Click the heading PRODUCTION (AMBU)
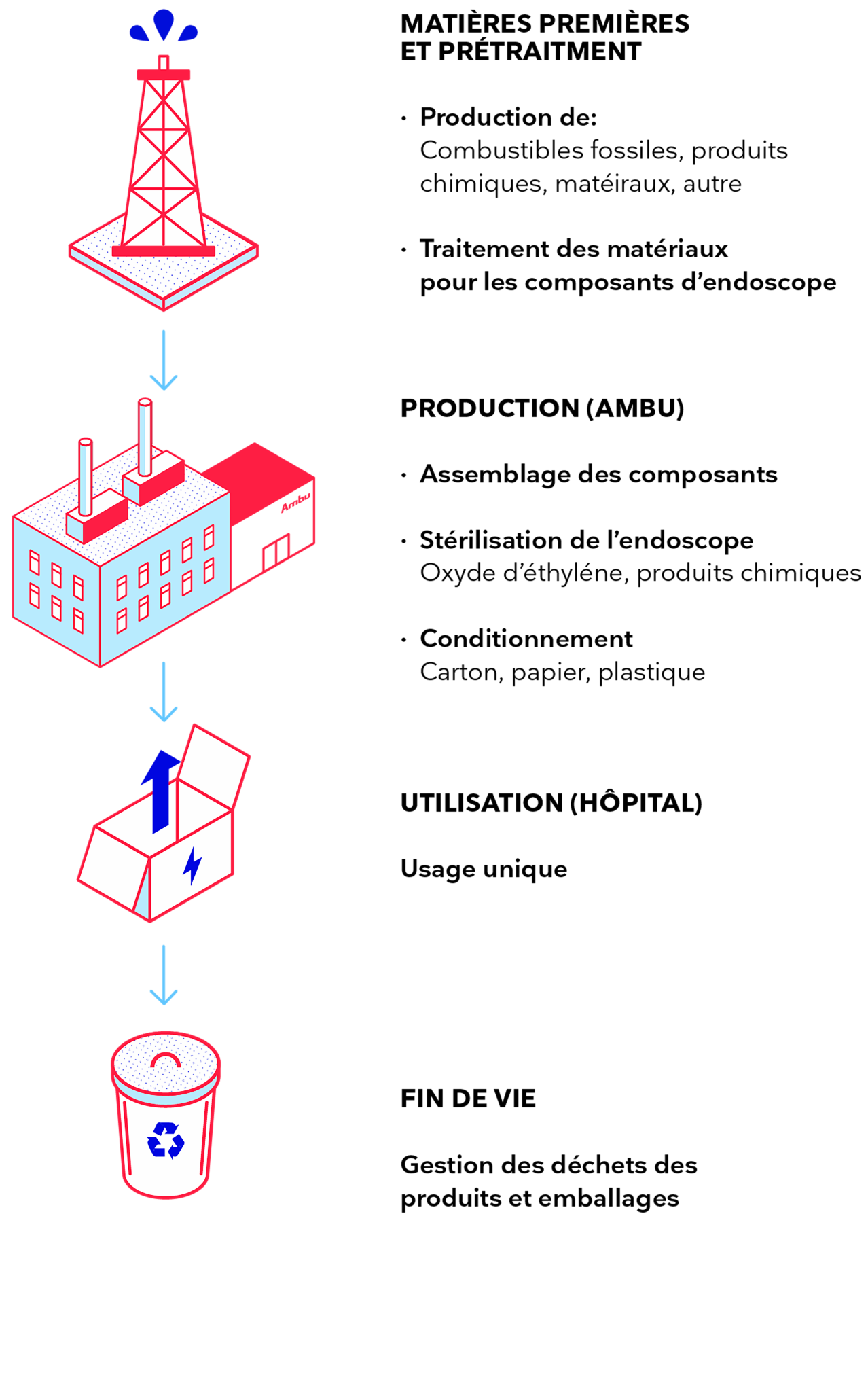(542, 408)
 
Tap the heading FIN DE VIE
(468, 1099)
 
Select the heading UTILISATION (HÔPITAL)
(551, 803)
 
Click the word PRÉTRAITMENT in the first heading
(539, 52)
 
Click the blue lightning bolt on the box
(193, 865)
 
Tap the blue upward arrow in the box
(161, 791)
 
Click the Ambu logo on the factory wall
(296, 502)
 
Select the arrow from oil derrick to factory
(164, 360)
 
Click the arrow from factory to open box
(164, 692)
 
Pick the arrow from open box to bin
(164, 975)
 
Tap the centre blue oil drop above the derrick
(164, 24)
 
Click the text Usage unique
(484, 870)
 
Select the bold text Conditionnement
(526, 639)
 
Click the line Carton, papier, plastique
(562, 673)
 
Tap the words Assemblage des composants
(598, 475)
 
